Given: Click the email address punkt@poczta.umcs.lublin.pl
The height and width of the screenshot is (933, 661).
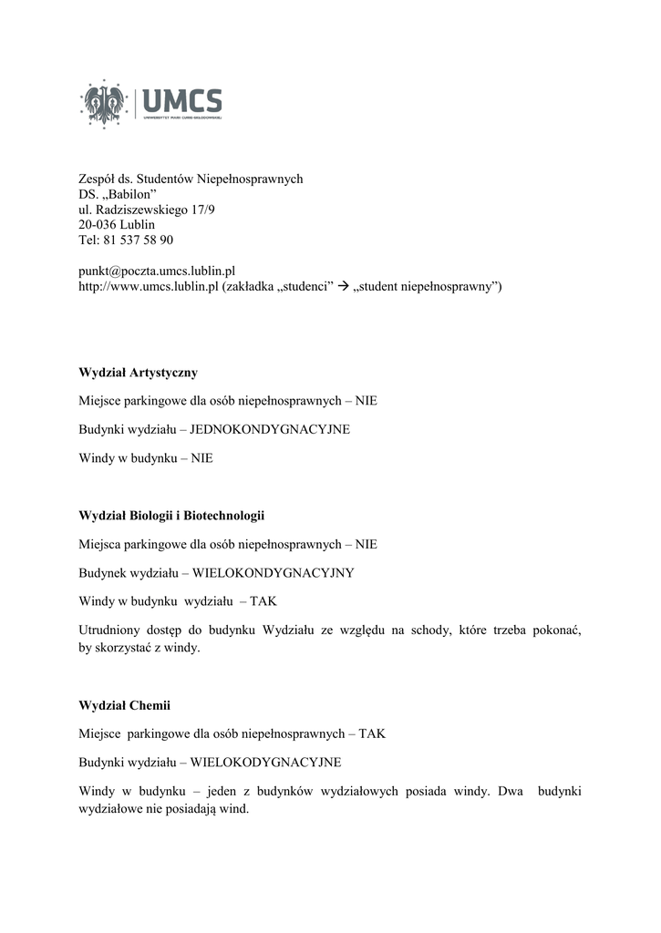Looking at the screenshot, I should click(157, 272).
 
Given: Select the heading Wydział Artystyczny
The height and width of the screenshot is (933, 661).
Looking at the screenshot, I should click(138, 373).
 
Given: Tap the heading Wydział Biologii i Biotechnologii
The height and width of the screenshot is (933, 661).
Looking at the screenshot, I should click(171, 516).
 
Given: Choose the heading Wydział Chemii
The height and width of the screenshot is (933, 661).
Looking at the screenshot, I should click(125, 705).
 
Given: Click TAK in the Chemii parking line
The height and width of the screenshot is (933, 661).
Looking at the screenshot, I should click(372, 733).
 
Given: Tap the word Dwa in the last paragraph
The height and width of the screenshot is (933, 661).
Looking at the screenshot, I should click(511, 792).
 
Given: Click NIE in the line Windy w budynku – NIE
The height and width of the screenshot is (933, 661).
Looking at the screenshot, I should click(201, 458).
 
